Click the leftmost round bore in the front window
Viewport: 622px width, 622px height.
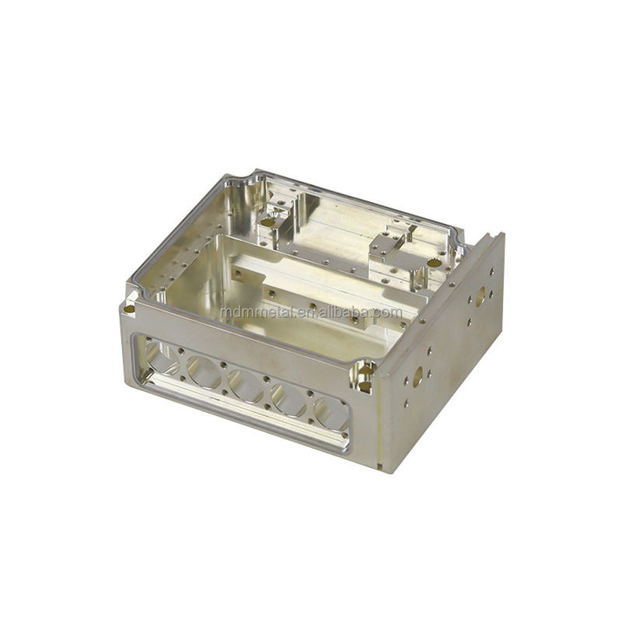tap(160, 360)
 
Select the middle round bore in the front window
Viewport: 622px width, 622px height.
tap(246, 385)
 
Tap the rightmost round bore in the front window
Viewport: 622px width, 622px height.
tap(332, 414)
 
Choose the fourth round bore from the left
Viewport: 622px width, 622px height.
tap(288, 400)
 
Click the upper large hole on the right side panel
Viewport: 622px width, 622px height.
tap(480, 296)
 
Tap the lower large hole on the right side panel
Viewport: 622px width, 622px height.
tap(418, 376)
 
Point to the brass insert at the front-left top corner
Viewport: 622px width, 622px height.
tap(128, 309)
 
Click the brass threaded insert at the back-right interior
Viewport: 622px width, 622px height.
tap(434, 262)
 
